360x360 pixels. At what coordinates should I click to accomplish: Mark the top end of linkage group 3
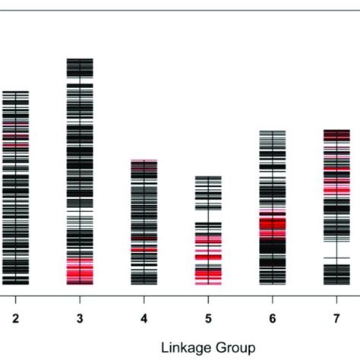click(80, 58)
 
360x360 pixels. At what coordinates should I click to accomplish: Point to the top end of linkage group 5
click(208, 177)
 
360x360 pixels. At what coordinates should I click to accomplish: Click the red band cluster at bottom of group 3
click(80, 270)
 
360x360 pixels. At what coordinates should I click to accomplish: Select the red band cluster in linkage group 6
click(273, 225)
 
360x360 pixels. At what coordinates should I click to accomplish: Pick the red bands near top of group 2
click(15, 133)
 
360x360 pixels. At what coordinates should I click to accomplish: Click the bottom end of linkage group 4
click(144, 283)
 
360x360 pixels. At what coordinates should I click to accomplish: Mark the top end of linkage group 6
click(273, 131)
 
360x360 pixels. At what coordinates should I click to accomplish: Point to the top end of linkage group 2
click(15, 91)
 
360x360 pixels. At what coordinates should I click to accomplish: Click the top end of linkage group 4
click(144, 160)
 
